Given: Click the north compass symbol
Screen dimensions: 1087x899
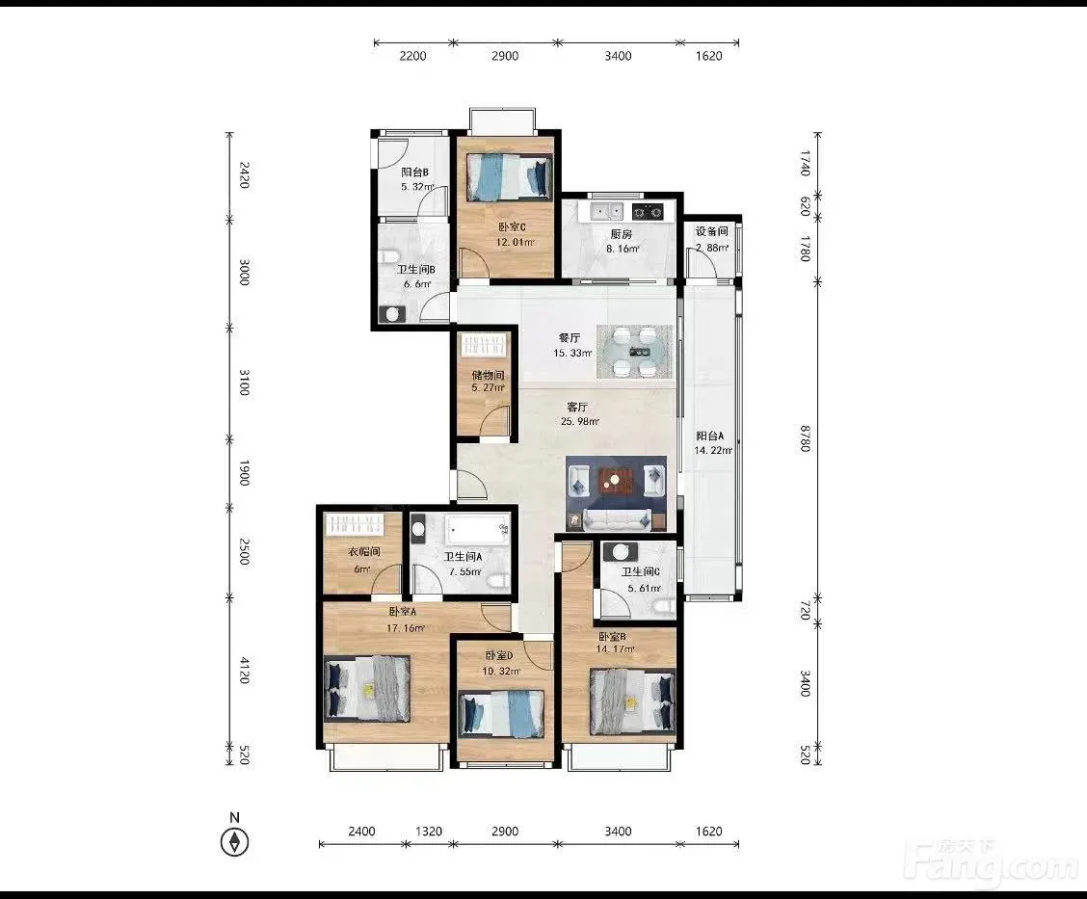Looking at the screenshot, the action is [x=234, y=841].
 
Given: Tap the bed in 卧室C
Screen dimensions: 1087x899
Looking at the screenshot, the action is [x=510, y=177].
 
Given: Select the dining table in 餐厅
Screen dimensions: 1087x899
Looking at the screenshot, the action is [x=634, y=352].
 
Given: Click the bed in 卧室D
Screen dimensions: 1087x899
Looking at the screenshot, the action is [x=501, y=714].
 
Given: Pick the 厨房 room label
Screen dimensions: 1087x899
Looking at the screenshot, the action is [x=622, y=234].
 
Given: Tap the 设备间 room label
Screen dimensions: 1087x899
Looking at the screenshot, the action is [x=711, y=231].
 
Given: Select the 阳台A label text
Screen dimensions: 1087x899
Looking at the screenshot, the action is [x=710, y=436].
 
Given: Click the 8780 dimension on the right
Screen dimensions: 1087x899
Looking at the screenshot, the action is [x=805, y=438].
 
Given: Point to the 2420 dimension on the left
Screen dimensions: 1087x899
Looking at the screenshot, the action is [x=244, y=174].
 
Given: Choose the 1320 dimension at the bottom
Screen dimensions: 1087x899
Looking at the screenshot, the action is [x=429, y=832].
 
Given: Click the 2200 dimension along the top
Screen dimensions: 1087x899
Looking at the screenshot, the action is [x=412, y=56].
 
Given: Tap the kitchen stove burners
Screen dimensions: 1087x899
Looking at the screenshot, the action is [x=649, y=211].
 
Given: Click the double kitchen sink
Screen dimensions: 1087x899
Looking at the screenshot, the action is [x=606, y=210].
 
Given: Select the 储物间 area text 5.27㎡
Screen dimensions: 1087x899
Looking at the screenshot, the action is [x=488, y=387].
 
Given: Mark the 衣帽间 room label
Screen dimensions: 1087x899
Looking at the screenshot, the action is [x=364, y=552].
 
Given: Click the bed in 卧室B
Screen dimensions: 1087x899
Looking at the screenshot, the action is [x=632, y=702].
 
